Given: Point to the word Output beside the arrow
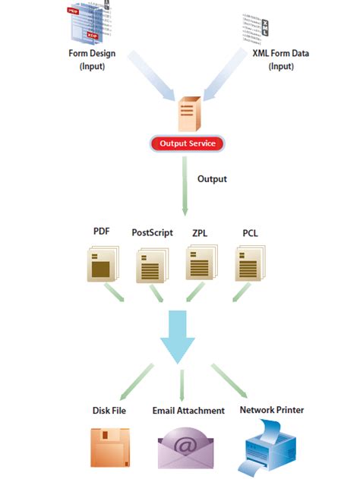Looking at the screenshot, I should [x=212, y=179].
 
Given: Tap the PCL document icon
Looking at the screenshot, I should [x=248, y=267].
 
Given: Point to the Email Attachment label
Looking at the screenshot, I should [x=188, y=411].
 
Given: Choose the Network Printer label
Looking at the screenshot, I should [x=272, y=410].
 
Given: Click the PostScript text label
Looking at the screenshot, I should [x=152, y=233].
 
